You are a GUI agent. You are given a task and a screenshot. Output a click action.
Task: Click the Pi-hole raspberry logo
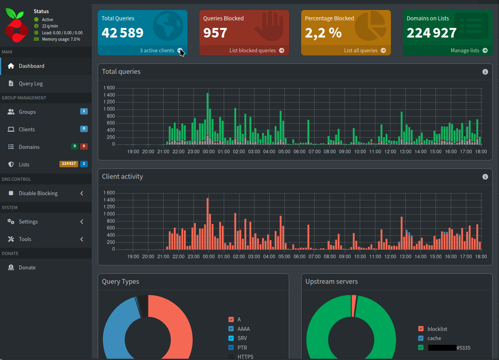tap(16, 25)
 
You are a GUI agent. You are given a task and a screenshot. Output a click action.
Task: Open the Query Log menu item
tap(30, 83)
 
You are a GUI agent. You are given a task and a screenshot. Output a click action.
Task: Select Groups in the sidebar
tap(27, 112)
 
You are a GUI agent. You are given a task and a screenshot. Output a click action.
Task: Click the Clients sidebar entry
tap(27, 129)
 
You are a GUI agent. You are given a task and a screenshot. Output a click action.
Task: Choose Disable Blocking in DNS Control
tap(38, 193)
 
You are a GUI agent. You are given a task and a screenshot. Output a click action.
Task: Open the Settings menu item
tap(28, 222)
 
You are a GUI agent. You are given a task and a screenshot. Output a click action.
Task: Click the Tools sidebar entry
tap(25, 239)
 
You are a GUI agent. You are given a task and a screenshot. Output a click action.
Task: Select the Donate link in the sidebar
tap(27, 267)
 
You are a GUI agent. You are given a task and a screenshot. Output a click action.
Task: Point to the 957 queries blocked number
tap(215, 33)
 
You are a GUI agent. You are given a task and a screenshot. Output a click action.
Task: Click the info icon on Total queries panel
tap(485, 72)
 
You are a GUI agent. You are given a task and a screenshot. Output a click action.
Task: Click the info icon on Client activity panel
tap(485, 177)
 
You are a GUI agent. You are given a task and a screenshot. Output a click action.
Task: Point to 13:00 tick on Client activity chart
tap(405, 257)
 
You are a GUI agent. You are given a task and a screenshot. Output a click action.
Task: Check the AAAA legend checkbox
tap(231, 329)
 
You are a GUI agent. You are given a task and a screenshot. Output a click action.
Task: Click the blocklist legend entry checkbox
tap(421, 329)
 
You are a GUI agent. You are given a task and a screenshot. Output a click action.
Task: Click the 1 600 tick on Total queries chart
tap(109, 88)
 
